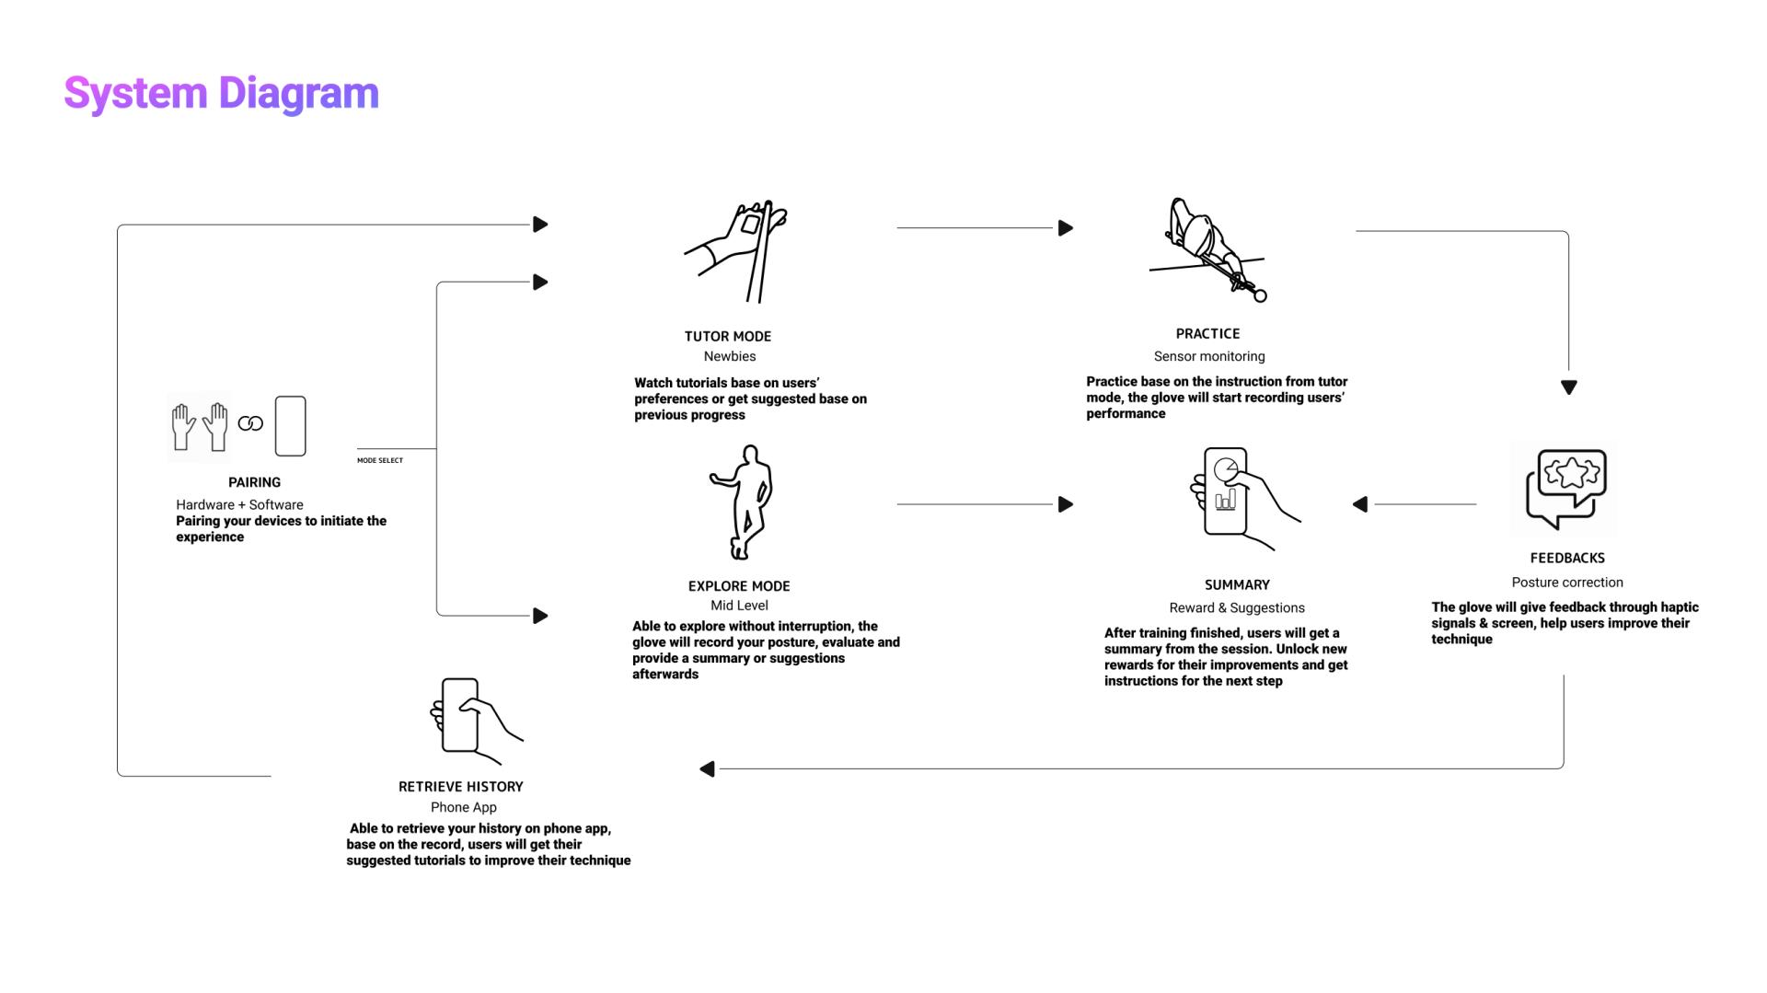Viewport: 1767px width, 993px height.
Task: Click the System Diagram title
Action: pos(221,94)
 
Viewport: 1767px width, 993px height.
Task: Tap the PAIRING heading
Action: pos(255,482)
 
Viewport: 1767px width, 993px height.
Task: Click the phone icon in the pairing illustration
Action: pos(291,426)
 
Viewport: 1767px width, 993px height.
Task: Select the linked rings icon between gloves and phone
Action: pos(250,423)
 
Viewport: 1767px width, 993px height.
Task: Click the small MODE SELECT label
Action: pos(380,460)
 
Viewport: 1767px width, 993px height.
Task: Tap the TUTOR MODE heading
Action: pos(728,337)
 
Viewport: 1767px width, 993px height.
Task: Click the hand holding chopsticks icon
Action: pos(736,252)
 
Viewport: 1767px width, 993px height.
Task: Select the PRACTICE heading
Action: pos(1207,334)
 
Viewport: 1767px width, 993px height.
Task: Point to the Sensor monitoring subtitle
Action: pos(1209,356)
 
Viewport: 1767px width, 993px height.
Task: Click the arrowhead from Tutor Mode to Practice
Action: pos(1066,228)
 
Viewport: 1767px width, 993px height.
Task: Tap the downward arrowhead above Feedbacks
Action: pos(1569,387)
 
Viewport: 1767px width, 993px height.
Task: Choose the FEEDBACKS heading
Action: pos(1567,559)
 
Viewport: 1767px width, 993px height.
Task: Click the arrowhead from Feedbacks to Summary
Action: pos(1360,504)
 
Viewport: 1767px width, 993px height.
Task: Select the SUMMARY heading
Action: pos(1237,585)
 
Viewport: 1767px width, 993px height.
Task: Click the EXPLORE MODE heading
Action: pos(739,586)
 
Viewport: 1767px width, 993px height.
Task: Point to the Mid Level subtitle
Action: pos(739,606)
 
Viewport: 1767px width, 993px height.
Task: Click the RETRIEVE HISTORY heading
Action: pos(461,787)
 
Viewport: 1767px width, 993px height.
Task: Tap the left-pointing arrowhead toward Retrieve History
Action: pos(707,768)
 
